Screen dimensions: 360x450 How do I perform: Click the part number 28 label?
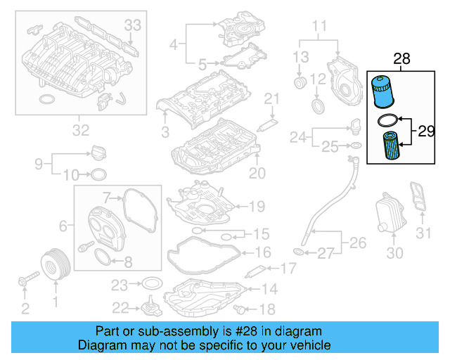(x=401, y=60)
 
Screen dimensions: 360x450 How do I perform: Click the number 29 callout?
(x=426, y=130)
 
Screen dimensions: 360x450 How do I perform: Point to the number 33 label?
(x=133, y=25)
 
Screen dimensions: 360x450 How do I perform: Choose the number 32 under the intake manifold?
(x=81, y=129)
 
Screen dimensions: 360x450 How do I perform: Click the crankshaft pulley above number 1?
(x=54, y=264)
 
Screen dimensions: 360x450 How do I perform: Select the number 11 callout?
(x=320, y=27)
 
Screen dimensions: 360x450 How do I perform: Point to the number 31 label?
(x=422, y=233)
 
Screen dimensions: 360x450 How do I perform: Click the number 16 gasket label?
(x=262, y=251)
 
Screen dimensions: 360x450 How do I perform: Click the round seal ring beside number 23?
(x=150, y=285)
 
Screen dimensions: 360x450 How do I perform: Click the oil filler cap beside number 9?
(x=98, y=152)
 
